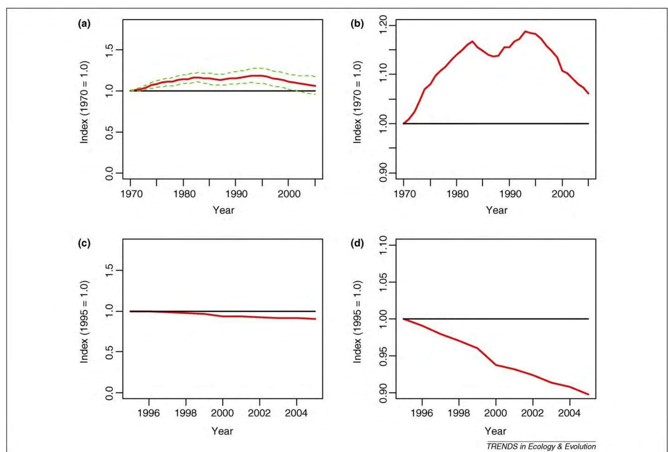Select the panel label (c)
pyautogui.click(x=84, y=244)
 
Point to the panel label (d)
pyautogui.click(x=357, y=244)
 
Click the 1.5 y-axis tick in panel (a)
pyautogui.click(x=109, y=50)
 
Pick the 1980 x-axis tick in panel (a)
pyautogui.click(x=184, y=194)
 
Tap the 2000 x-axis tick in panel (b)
pyautogui.click(x=562, y=194)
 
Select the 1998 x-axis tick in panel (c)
pyautogui.click(x=186, y=413)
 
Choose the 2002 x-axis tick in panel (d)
pyautogui.click(x=533, y=413)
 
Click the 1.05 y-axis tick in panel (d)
pyautogui.click(x=383, y=282)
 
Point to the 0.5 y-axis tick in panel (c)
pyautogui.click(x=109, y=352)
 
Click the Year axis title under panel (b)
pyautogui.click(x=496, y=210)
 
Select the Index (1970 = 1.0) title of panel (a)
pyautogui.click(x=84, y=102)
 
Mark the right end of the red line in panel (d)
pyautogui.click(x=588, y=394)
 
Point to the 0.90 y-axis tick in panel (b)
pyautogui.click(x=383, y=173)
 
